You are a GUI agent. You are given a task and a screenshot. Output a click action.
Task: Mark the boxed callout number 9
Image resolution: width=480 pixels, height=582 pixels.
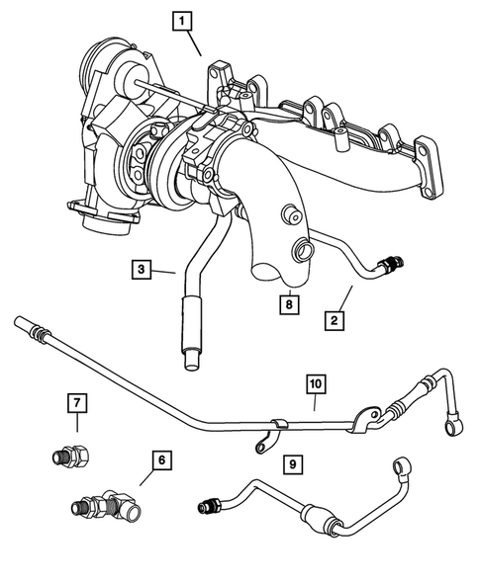coord(291,461)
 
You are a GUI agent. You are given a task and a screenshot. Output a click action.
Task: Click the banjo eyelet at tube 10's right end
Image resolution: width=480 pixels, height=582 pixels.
coord(452,423)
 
